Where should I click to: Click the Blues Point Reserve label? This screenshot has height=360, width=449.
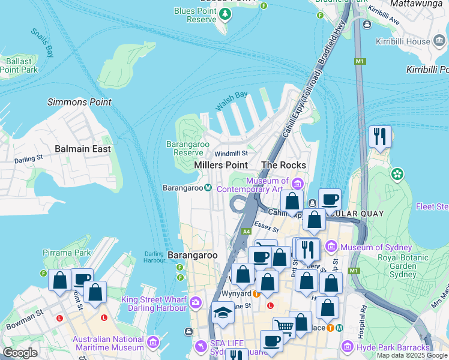coord(195,15)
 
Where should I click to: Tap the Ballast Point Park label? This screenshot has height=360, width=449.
coord(19,65)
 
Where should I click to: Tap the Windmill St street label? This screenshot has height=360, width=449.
coord(231,154)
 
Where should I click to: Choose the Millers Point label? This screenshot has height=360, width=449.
coord(220,165)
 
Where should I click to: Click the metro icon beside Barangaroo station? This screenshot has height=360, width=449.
coord(208,188)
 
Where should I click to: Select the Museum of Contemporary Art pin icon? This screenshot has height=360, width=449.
coord(298,182)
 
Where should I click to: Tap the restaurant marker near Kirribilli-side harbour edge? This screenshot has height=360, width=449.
coord(380,136)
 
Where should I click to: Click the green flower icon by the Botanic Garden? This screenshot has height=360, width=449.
coord(396,175)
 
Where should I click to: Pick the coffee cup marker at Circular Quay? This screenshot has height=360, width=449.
coord(328,199)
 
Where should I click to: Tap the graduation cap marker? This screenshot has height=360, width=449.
coord(223,312)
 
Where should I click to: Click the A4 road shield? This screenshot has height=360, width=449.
coord(246,231)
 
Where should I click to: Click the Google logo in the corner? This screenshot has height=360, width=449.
coord(20,353)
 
